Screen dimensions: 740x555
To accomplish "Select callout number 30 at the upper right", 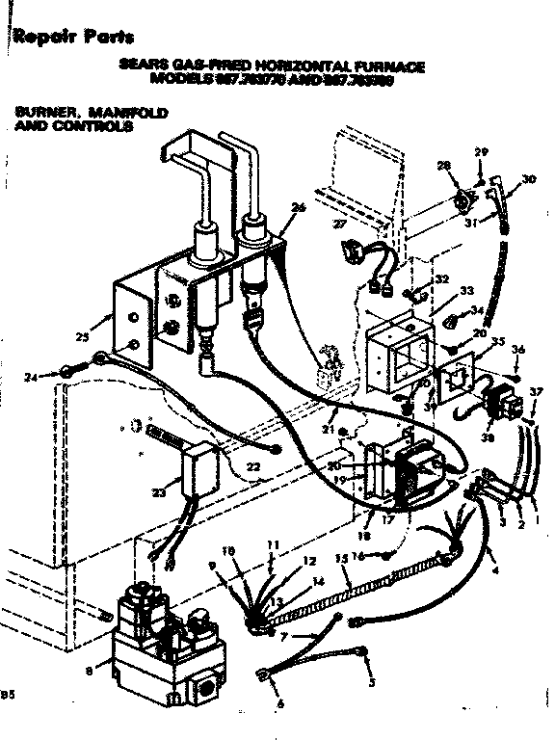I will [527, 179].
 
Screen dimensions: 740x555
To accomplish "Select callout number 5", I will [372, 682].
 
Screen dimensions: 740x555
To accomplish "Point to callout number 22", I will [252, 466].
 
